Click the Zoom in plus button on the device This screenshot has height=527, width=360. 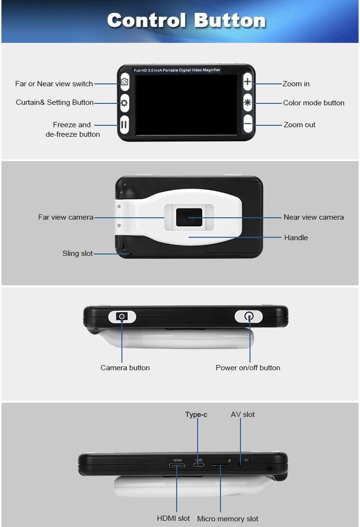click(x=248, y=82)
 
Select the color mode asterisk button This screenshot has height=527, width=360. click(x=248, y=103)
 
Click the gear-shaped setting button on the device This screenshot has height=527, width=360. click(x=124, y=103)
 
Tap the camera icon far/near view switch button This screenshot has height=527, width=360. click(x=124, y=82)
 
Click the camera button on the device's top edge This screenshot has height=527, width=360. click(x=122, y=316)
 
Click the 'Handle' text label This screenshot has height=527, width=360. click(x=296, y=238)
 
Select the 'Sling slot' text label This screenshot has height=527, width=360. click(x=78, y=253)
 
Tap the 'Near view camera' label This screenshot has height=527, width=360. click(x=313, y=217)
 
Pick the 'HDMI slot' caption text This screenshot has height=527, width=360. click(x=173, y=518)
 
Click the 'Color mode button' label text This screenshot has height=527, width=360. click(x=313, y=103)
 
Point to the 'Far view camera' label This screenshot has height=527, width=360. click(x=66, y=217)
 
